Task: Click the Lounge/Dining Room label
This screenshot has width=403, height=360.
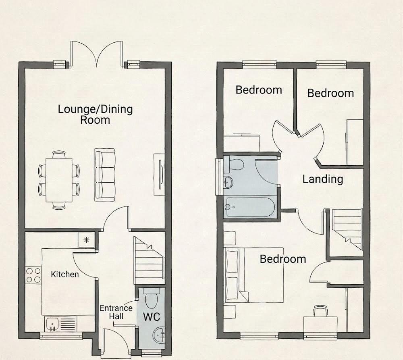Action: tap(96, 114)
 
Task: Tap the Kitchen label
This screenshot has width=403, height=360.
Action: tap(65, 275)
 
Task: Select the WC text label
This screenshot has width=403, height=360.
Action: tap(152, 317)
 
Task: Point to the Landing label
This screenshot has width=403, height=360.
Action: tap(322, 179)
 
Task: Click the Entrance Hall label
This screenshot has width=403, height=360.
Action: tap(116, 312)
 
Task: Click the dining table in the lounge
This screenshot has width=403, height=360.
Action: tap(59, 180)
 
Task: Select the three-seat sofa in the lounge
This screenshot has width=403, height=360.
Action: tap(105, 175)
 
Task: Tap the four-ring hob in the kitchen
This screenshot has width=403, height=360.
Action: tap(33, 275)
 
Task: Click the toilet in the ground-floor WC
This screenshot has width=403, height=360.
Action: tap(151, 298)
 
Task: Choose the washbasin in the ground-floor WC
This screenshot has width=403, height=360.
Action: tap(159, 335)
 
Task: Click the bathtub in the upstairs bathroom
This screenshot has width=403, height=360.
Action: tap(250, 207)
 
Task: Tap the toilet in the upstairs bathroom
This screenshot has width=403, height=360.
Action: tap(233, 164)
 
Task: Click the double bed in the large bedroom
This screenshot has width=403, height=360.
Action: tap(254, 275)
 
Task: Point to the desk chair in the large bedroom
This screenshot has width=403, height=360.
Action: tap(320, 311)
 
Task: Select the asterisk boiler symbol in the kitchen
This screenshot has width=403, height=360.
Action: tap(86, 240)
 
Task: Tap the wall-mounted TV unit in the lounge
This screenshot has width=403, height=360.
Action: tap(159, 175)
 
